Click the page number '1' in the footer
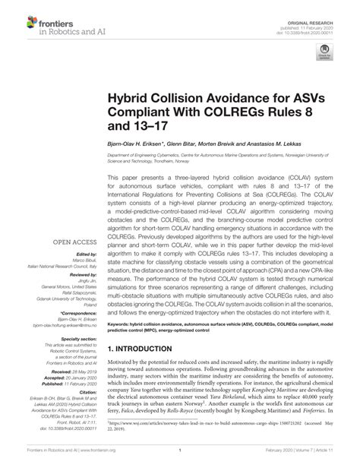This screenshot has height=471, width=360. (179, 460)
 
